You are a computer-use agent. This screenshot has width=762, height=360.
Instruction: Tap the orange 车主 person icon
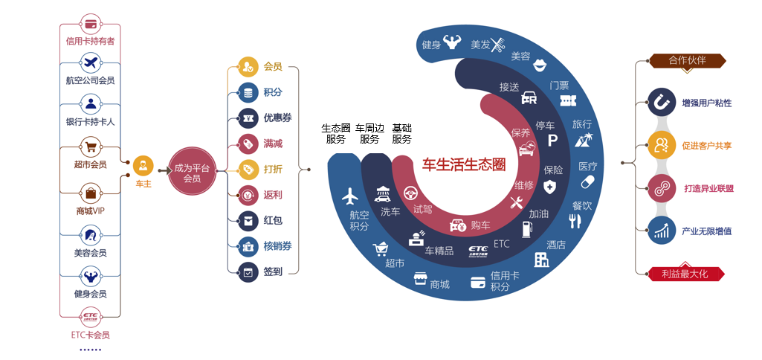[x=143, y=165]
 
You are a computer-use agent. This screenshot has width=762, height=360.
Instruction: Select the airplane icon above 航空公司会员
[x=91, y=61]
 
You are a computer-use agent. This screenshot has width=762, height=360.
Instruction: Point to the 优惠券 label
[x=277, y=118]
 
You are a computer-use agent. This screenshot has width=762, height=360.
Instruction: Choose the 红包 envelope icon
[x=248, y=220]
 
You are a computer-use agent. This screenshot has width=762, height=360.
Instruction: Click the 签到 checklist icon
[x=248, y=271]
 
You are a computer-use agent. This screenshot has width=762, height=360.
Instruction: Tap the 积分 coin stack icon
[x=248, y=92]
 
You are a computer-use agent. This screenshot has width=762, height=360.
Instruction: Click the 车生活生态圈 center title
[x=464, y=164]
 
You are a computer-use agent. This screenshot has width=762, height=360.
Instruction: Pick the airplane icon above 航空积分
[x=350, y=196]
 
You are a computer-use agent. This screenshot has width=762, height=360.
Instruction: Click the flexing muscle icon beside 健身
[x=452, y=42]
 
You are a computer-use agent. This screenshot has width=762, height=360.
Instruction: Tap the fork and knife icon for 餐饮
[x=574, y=220]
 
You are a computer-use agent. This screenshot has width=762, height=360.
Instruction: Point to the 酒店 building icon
[x=541, y=259]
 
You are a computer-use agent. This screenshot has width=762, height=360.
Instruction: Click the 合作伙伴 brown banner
[x=687, y=60]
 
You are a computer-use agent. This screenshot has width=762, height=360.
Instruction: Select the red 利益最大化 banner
[x=684, y=274]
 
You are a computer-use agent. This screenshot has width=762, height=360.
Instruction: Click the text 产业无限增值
[x=706, y=231]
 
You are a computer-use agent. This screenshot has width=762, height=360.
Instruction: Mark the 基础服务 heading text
[x=401, y=133]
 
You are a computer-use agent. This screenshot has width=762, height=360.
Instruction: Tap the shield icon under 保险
[x=549, y=187]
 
